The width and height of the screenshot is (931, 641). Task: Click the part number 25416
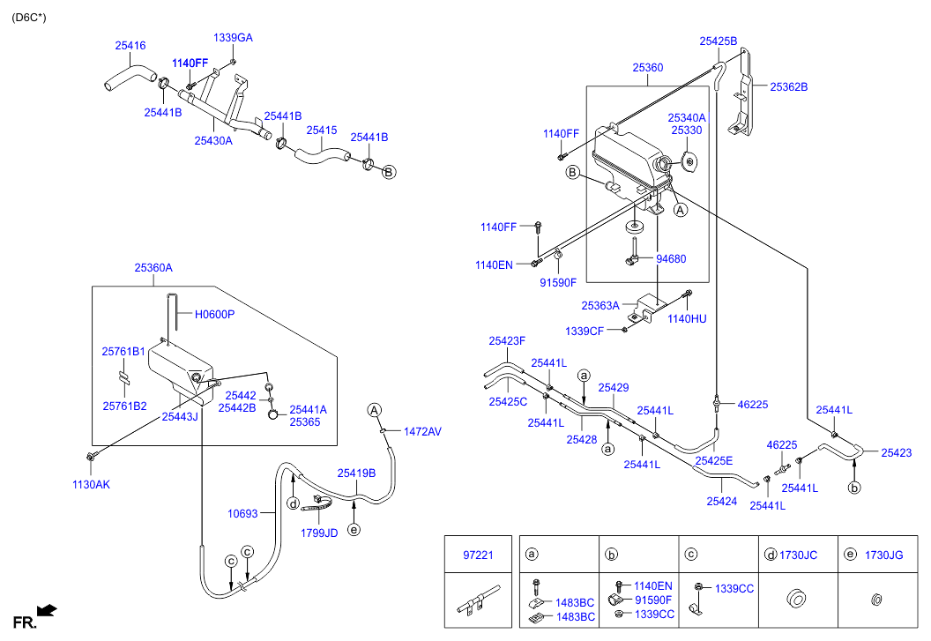point(130,46)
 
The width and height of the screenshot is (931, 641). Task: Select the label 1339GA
point(233,38)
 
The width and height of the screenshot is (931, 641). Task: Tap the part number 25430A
point(213,140)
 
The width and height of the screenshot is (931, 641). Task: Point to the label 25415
point(322,130)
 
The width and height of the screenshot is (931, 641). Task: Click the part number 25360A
point(153,268)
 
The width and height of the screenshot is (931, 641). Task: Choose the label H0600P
point(214,314)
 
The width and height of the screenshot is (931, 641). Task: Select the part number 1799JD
point(319,533)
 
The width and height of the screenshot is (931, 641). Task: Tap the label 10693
point(242,513)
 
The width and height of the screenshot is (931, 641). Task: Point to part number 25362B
point(788,87)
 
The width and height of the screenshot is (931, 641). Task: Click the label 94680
point(671,259)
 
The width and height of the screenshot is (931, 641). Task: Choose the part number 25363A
point(600,306)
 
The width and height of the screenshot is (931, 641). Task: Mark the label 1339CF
point(584,331)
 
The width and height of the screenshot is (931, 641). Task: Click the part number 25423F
point(507,340)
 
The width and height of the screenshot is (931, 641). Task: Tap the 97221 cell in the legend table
point(479,555)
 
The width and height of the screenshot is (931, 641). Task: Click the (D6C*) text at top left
point(29,17)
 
